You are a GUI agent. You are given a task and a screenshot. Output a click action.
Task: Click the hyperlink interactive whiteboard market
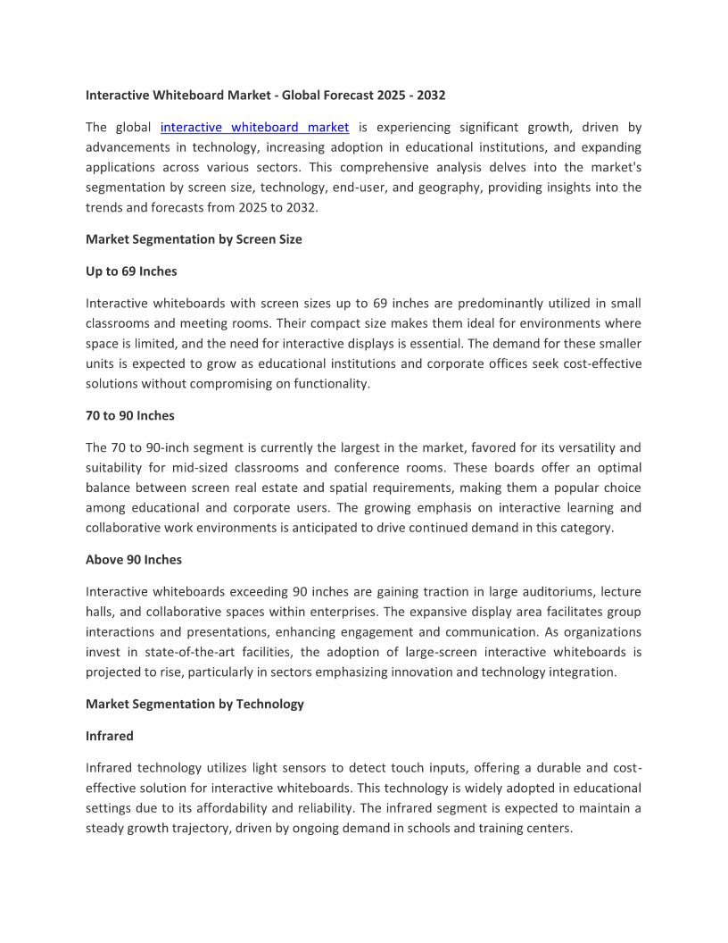click(254, 128)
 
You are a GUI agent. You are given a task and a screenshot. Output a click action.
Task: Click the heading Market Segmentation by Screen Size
click(194, 239)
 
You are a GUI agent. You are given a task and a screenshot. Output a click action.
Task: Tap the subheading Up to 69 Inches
click(131, 271)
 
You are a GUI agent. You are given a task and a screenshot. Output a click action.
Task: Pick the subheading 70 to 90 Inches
click(130, 415)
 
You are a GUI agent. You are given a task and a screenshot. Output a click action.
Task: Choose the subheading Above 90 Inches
click(134, 560)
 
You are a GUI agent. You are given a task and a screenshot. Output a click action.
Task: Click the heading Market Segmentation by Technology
click(194, 704)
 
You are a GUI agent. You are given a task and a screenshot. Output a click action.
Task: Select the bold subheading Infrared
click(110, 736)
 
